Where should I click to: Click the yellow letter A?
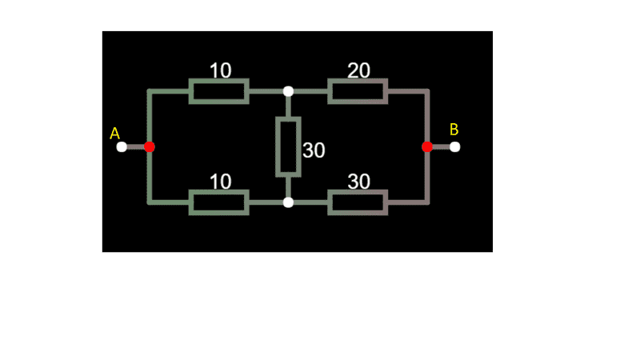(x=114, y=134)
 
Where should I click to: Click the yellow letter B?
(x=454, y=130)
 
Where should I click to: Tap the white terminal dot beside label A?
(x=122, y=147)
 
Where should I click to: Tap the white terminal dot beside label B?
(x=455, y=147)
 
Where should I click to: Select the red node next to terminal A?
(x=150, y=147)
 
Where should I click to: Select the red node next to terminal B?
(x=427, y=147)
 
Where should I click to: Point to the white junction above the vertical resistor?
(x=288, y=91)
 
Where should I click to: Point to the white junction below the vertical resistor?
(x=288, y=202)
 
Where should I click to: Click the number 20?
(x=358, y=70)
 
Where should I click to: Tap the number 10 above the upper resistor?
(x=221, y=70)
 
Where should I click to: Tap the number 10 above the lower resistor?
(x=221, y=182)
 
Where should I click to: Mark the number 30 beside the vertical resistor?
(x=314, y=150)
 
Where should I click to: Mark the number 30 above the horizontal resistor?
(x=358, y=182)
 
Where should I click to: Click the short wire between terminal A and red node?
(x=135, y=147)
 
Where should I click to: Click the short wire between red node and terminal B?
(x=442, y=147)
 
